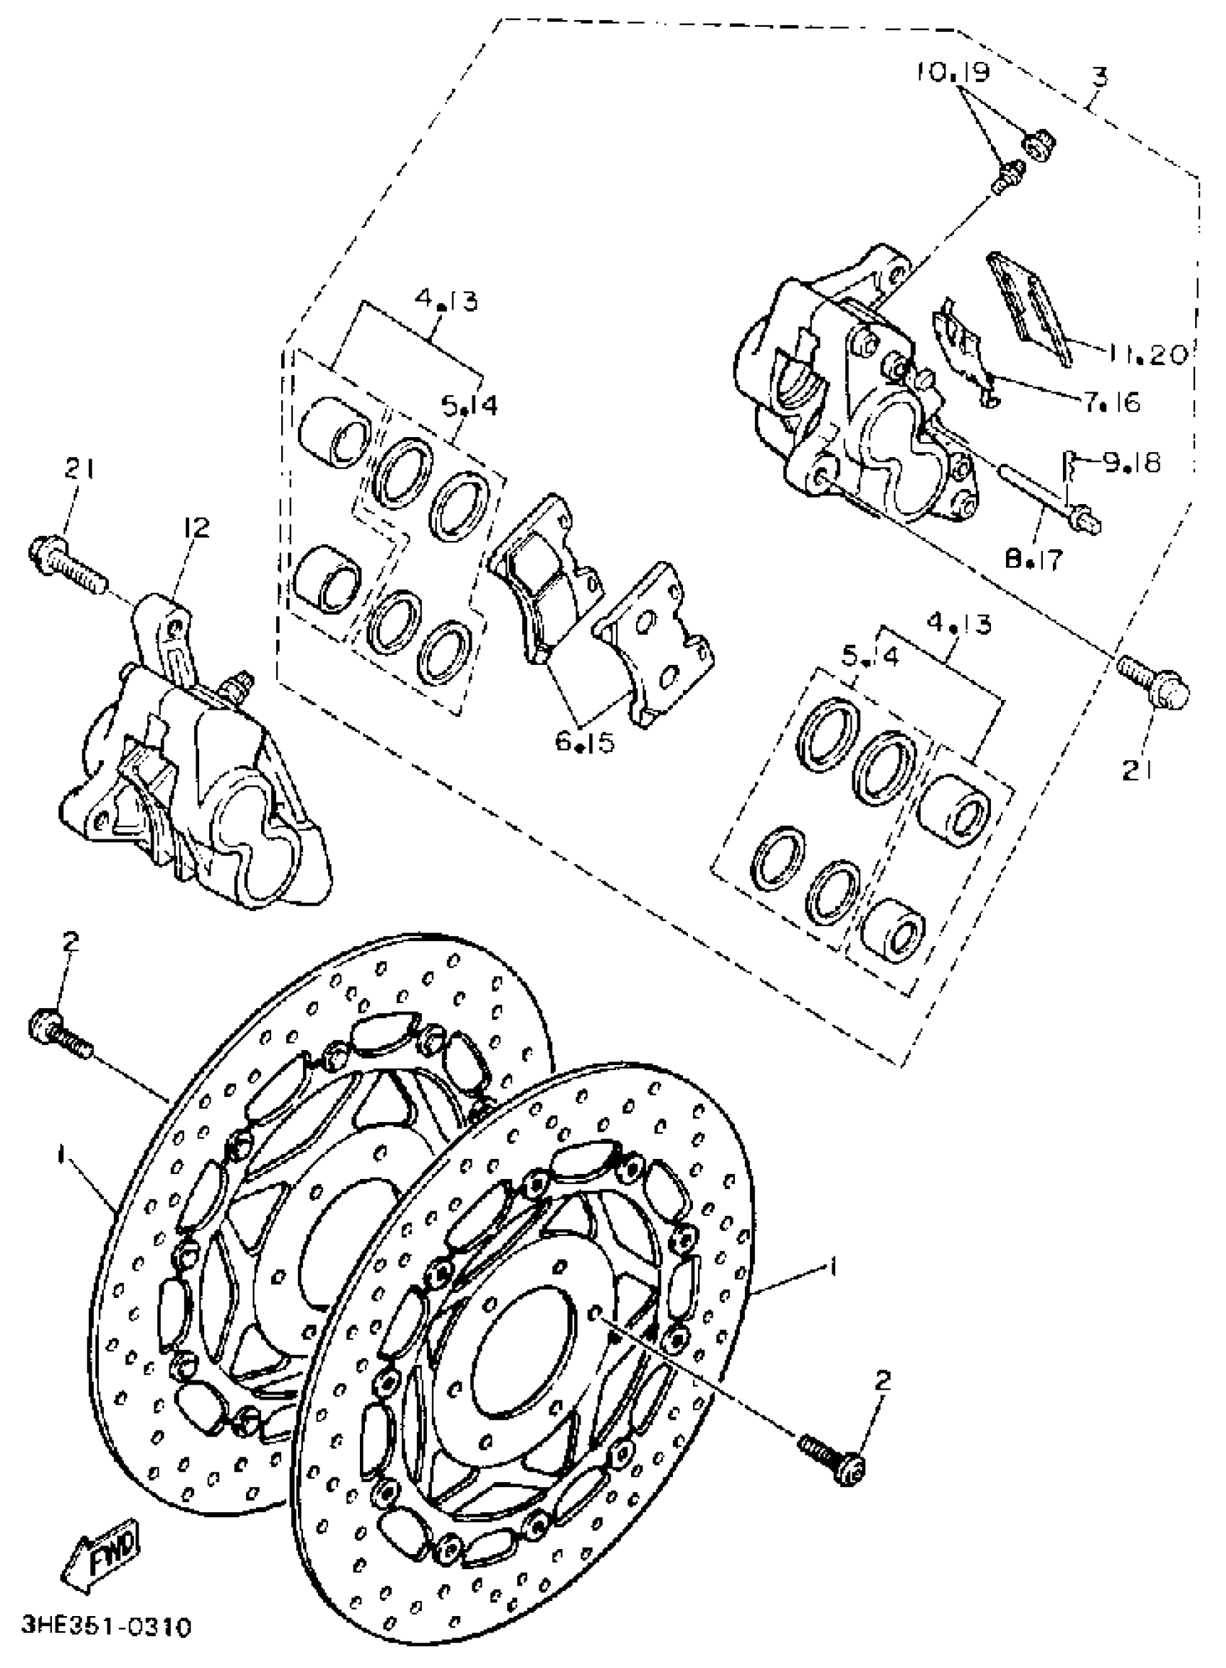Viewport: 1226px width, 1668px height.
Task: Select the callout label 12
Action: (197, 528)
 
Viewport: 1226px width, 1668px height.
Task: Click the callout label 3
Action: (1099, 76)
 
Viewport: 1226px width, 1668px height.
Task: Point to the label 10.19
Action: (953, 73)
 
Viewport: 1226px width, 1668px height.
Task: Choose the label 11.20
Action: (1149, 355)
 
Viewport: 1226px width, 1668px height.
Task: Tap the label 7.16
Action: (1111, 402)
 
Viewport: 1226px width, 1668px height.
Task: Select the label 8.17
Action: (1033, 558)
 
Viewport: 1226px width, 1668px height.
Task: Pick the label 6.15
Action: (585, 743)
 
